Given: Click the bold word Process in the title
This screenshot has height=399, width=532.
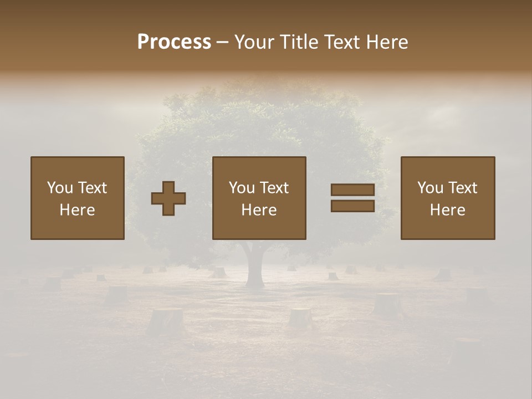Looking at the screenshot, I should click(x=174, y=42).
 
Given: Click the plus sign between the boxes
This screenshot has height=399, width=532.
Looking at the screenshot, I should click(x=168, y=198).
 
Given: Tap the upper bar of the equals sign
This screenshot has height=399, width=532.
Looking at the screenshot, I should click(x=352, y=190).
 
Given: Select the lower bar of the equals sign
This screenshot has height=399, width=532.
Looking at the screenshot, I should click(x=352, y=206).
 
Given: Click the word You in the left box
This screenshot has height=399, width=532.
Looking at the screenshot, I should click(x=60, y=188).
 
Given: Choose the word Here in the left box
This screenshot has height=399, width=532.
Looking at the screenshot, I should click(x=77, y=210).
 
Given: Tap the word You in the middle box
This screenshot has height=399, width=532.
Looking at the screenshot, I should click(x=242, y=188).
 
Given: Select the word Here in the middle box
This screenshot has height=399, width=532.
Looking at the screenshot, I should click(x=259, y=210).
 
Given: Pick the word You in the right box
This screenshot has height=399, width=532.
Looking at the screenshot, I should click(x=430, y=188).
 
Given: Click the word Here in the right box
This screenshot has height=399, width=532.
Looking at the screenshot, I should click(x=447, y=210).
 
